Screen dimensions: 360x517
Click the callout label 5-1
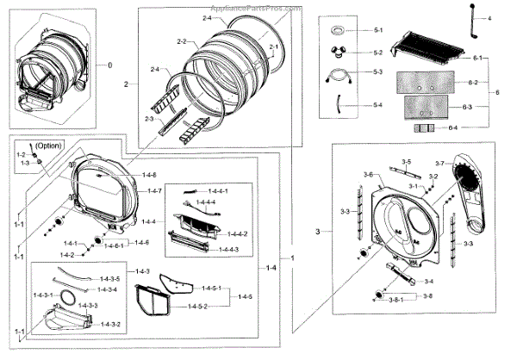click(377, 30)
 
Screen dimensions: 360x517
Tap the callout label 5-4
click(377, 105)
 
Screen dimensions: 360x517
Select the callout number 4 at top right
click(488, 18)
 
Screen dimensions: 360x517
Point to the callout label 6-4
click(455, 128)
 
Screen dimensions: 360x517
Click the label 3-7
click(439, 164)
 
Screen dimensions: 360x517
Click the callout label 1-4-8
click(150, 175)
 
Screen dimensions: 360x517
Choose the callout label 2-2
click(182, 41)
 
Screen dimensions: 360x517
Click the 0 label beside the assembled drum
click(109, 65)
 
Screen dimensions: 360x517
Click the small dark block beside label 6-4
click(425, 128)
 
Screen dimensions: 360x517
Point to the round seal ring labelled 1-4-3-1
click(64, 298)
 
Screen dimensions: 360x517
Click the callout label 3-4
click(428, 282)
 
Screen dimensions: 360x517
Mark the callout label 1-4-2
click(65, 255)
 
